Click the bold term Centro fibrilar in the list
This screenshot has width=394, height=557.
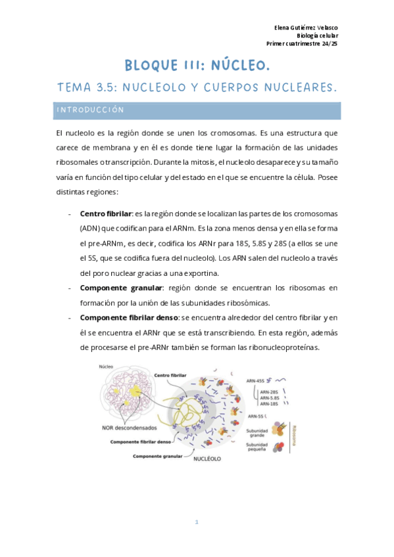(105, 213)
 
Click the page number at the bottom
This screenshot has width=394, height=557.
(196, 522)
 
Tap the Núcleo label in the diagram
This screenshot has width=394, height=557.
(105, 367)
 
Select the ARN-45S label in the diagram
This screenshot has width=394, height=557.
(257, 380)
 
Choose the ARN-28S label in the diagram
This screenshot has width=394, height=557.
(270, 392)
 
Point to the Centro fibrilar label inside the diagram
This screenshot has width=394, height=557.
(170, 375)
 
